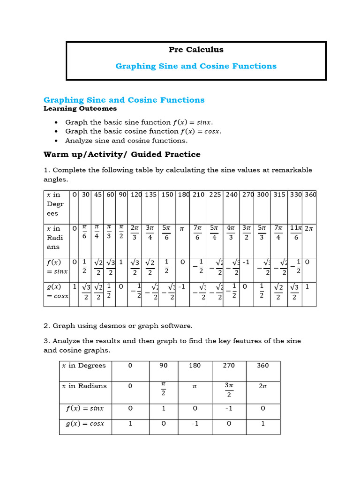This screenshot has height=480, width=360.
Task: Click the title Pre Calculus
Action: click(196, 50)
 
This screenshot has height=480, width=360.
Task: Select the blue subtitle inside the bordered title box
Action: click(196, 66)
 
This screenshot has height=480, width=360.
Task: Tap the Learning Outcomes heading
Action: click(80, 109)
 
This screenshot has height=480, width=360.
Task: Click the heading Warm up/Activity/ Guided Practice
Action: click(122, 154)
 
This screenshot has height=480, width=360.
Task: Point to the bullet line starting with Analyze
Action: click(126, 141)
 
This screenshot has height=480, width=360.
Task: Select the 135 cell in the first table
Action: click(150, 195)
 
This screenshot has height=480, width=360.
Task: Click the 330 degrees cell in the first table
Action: click(296, 195)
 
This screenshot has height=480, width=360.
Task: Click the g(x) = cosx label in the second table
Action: click(84, 424)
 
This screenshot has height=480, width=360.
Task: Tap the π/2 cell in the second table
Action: click(164, 389)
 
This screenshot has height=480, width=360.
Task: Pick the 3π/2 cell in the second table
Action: click(229, 389)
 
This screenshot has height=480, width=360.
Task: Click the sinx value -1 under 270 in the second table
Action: click(229, 408)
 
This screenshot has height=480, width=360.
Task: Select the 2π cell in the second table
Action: click(263, 386)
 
